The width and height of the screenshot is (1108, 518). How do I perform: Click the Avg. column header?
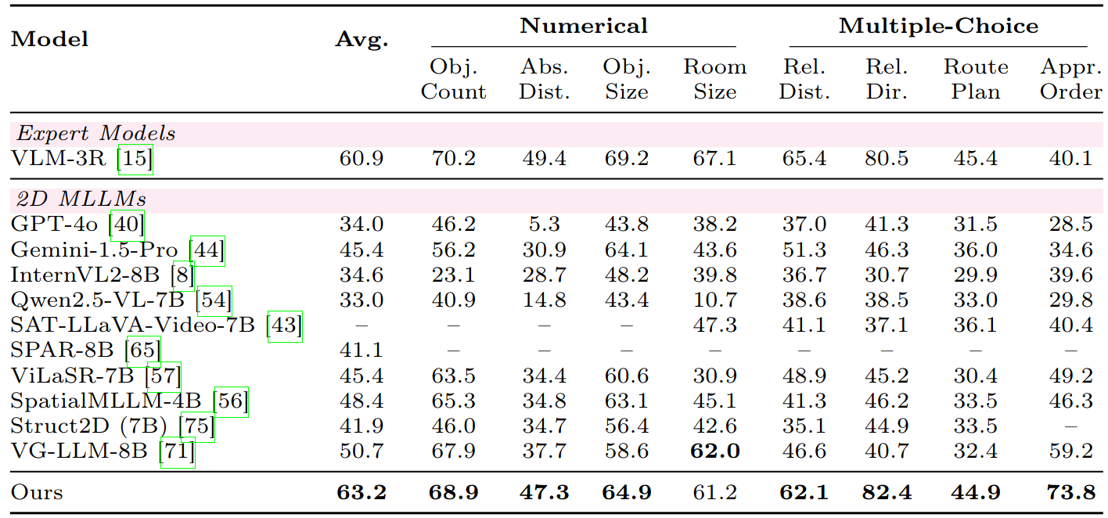362,40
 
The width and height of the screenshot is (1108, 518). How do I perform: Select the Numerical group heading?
584,26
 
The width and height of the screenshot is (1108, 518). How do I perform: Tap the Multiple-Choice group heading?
938,26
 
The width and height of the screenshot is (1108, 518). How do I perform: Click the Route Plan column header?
976,79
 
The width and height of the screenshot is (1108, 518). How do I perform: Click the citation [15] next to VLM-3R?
135,159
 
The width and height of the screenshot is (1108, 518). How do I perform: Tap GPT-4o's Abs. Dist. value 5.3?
544,225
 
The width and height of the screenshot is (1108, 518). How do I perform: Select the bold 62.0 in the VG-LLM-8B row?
714,451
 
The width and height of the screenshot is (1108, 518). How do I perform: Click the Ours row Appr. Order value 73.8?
1070,492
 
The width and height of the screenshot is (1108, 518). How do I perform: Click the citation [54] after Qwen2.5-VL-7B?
214,300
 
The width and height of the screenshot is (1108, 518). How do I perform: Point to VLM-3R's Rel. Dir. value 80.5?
887,159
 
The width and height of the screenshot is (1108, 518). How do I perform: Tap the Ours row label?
37,492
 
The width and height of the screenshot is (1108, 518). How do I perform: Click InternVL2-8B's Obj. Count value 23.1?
453,275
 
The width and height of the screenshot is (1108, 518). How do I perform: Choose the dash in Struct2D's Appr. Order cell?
1070,426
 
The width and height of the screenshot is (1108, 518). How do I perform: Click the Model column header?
49,39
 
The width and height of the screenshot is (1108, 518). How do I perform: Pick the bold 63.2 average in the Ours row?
362,492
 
